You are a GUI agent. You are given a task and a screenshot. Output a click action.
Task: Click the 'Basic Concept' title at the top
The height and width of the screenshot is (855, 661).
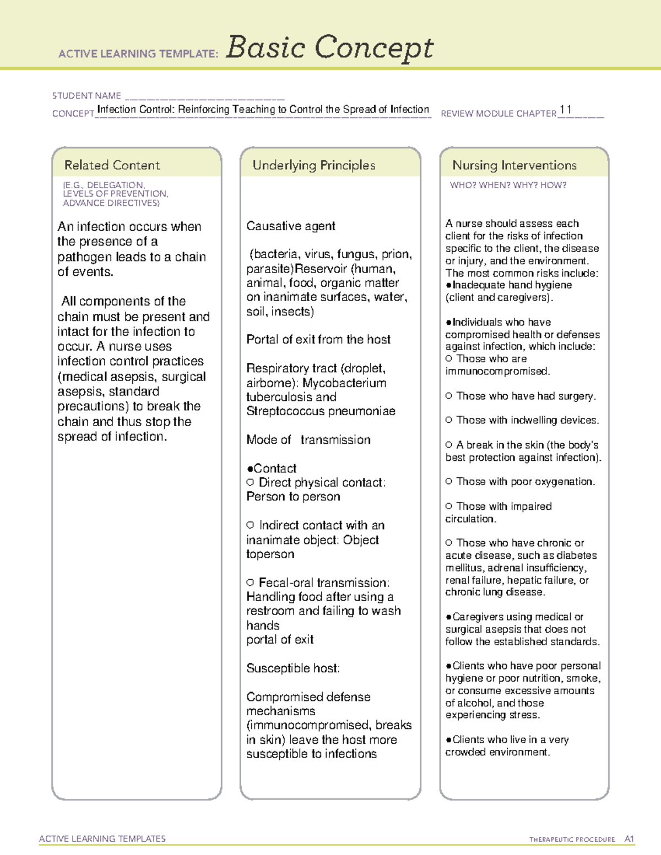[329, 47]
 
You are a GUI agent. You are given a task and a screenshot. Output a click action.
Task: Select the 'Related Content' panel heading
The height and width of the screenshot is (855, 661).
[112, 165]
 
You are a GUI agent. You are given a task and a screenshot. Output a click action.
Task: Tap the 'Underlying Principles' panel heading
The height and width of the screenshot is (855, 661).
[313, 165]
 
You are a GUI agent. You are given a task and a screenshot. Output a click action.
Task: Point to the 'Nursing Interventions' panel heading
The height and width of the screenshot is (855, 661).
[514, 165]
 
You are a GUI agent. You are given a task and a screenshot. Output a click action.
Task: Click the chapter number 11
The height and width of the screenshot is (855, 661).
[565, 110]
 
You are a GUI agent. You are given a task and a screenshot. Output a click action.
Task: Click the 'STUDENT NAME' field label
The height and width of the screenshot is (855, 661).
[86, 96]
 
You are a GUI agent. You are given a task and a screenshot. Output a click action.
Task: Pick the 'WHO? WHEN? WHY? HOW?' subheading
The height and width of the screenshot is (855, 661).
[508, 186]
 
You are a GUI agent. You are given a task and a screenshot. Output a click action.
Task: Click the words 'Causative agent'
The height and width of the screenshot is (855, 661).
[291, 226]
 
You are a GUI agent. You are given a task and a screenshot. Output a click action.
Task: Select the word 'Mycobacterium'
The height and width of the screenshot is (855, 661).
[344, 383]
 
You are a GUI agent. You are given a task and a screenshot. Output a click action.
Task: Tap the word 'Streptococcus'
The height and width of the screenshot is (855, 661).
[283, 411]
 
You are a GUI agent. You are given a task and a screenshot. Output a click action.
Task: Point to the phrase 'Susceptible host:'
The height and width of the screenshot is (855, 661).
[293, 668]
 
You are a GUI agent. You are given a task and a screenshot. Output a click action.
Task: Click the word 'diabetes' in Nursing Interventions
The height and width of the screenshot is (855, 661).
[577, 556]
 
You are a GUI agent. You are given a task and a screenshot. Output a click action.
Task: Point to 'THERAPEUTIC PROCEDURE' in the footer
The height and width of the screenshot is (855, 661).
[572, 840]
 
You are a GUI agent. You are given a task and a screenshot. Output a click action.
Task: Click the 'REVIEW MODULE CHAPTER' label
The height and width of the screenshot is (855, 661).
[499, 114]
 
